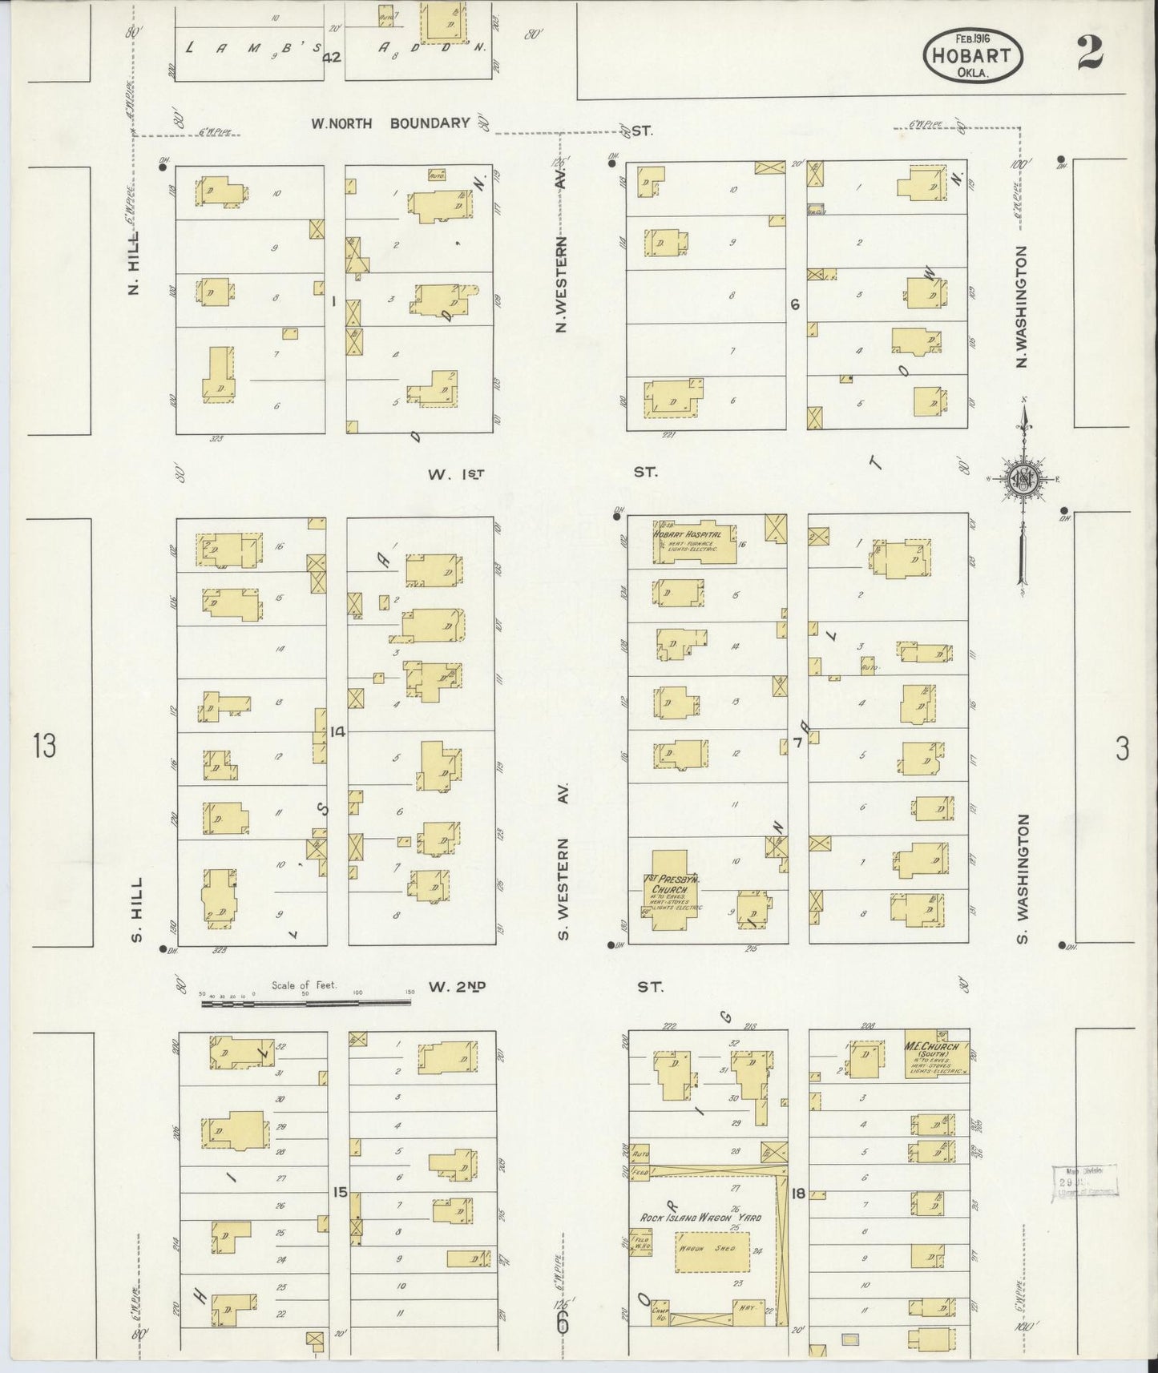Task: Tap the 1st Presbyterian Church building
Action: tap(672, 889)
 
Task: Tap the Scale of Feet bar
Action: tap(305, 1001)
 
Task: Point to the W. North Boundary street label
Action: tap(390, 123)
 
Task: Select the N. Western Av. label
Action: tap(562, 284)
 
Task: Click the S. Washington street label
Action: tap(1023, 878)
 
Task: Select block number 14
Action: tap(337, 731)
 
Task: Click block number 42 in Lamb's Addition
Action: tap(333, 57)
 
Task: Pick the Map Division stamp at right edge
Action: tap(1084, 1182)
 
